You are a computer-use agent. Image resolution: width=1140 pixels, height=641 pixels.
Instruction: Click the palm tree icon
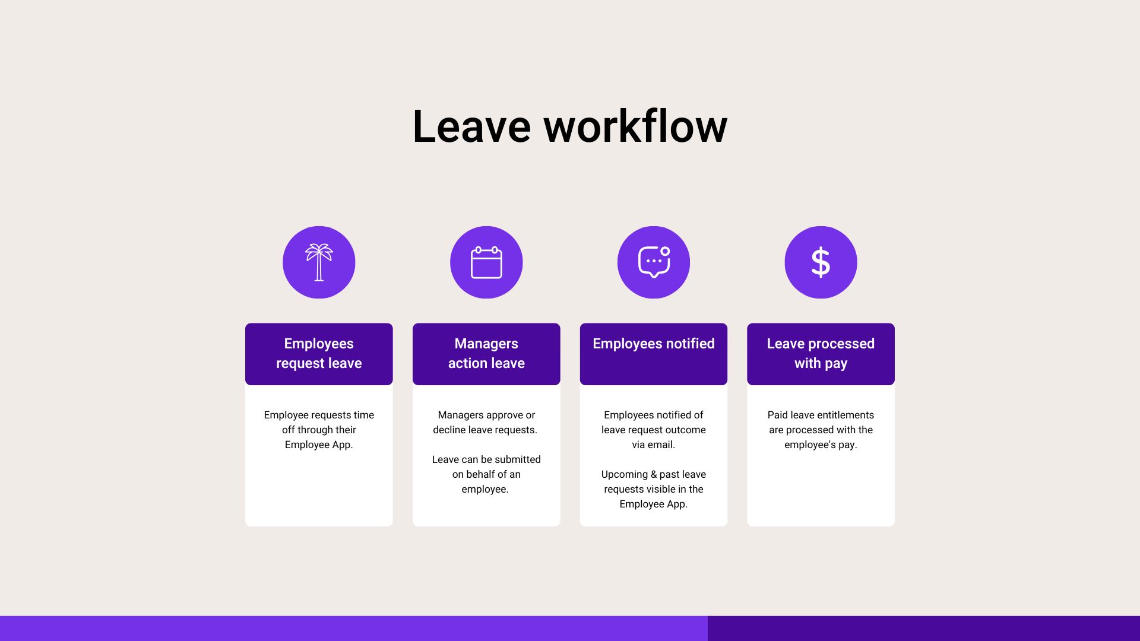coord(319,262)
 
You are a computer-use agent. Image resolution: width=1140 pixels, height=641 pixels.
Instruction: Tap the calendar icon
coord(486,262)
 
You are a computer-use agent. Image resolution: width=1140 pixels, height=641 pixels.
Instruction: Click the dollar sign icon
coord(821,262)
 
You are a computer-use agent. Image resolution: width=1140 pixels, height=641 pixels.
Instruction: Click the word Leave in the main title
coord(471,126)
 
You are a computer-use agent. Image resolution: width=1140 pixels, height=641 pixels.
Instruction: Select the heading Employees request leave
coord(319,354)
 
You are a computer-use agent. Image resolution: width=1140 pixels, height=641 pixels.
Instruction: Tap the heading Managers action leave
coord(486,354)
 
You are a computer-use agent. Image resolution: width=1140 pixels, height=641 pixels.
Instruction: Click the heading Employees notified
coord(654,344)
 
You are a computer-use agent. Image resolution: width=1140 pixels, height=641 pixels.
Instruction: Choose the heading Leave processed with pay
coord(821,354)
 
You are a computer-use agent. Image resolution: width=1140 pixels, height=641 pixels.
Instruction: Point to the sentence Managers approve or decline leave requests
coord(485,422)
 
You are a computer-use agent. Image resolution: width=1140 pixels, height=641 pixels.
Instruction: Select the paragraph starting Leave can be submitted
coord(486,474)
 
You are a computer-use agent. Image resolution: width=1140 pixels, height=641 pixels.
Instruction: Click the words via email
coord(653,445)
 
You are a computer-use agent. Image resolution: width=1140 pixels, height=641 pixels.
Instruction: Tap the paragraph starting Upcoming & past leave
coord(654,489)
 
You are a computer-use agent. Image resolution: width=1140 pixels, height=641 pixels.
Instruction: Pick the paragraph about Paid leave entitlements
coord(821,430)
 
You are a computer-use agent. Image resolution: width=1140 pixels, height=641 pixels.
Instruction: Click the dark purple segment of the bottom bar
coord(924,629)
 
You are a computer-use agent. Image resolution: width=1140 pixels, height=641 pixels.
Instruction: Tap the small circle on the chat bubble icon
coord(665,251)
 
